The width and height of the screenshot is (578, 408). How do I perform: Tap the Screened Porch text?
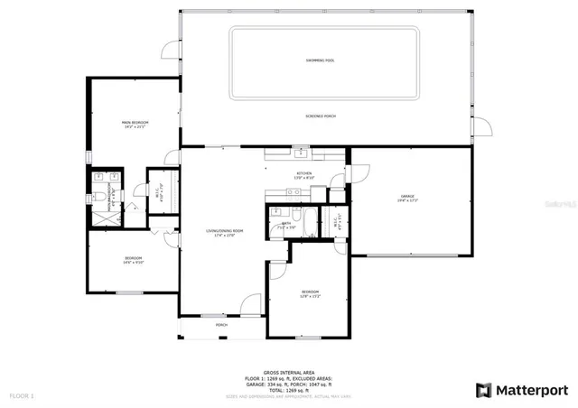coord(322,116)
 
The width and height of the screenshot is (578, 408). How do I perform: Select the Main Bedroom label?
coord(135,124)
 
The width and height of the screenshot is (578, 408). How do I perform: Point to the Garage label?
coord(407,197)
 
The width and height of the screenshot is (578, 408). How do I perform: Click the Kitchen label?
coord(304,175)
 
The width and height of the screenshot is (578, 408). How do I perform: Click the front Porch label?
coord(221,325)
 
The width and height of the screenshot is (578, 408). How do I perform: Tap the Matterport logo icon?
coord(484,390)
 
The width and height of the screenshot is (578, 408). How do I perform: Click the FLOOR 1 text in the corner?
coord(21,395)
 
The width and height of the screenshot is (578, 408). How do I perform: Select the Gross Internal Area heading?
coord(289,372)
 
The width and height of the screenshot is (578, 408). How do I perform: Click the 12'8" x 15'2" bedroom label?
coord(309,294)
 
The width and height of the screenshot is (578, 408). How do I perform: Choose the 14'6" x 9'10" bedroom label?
coord(133,261)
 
